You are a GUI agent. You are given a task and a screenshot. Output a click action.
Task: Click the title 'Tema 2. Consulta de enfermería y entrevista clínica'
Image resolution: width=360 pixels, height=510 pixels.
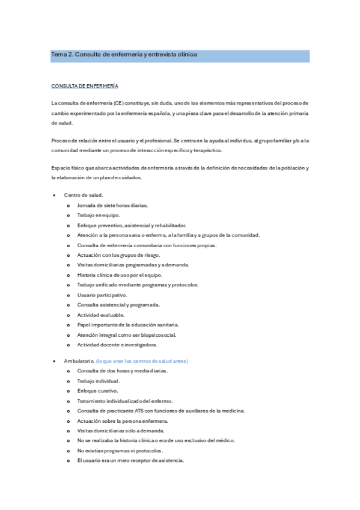124,55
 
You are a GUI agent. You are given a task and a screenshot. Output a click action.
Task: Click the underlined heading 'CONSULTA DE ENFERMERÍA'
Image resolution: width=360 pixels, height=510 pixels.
85,86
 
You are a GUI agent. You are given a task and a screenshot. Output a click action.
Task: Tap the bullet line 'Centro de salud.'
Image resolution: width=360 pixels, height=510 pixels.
84,195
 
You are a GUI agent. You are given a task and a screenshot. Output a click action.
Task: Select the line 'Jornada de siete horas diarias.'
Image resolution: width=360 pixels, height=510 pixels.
113,205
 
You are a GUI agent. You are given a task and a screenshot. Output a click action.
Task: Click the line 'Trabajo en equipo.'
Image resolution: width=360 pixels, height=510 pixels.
99,215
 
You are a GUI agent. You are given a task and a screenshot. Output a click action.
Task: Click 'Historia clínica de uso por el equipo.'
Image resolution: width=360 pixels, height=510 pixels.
120,275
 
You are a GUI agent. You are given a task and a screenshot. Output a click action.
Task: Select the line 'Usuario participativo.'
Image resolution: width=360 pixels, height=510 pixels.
102,295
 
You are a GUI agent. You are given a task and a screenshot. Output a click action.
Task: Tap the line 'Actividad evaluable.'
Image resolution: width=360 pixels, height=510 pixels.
100,315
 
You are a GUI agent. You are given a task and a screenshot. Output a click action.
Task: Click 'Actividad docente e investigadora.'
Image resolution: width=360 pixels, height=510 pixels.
117,345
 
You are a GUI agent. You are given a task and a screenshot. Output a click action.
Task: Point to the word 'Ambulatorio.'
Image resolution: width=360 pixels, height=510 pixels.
79,361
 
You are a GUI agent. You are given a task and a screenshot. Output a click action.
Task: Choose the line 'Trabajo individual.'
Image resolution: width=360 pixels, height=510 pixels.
99,381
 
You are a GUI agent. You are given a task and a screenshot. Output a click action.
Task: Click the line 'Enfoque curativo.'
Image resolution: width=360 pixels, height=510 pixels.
97,391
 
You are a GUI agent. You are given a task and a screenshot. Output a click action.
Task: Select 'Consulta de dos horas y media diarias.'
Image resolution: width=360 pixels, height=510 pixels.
123,370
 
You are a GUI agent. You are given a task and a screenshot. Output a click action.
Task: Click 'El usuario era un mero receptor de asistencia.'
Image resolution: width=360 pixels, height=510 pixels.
130,461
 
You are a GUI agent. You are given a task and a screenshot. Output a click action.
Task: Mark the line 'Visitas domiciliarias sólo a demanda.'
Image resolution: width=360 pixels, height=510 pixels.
121,431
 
